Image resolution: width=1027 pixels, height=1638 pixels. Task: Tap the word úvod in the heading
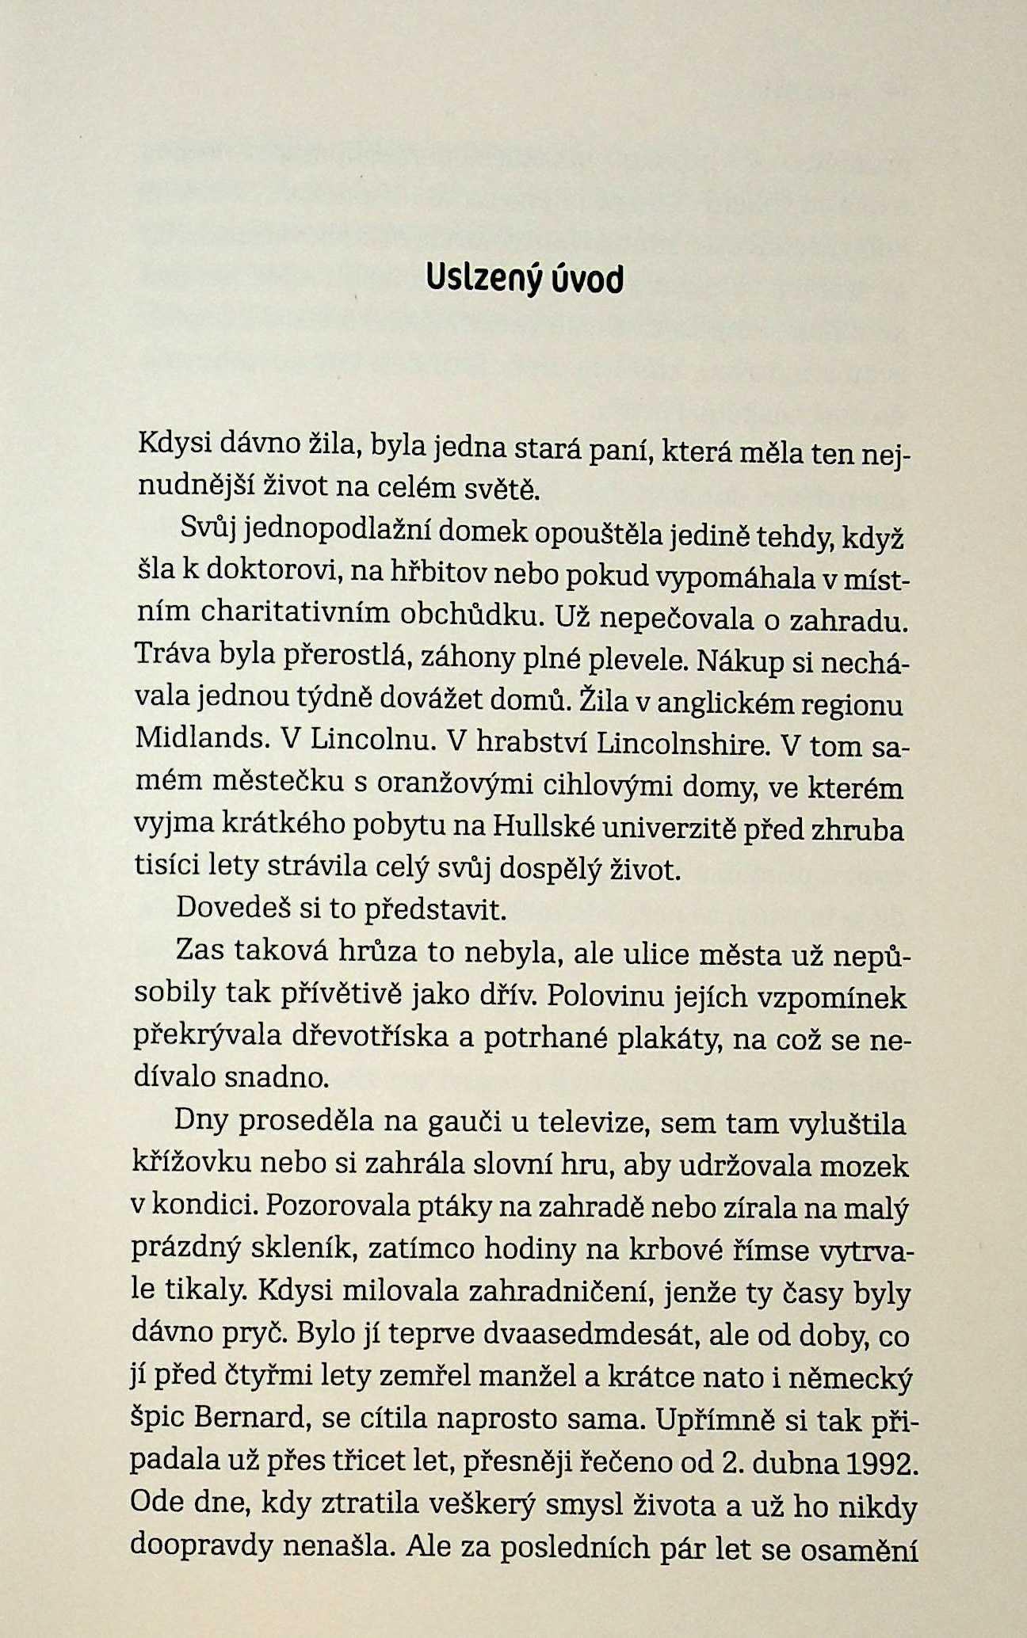pos(585,278)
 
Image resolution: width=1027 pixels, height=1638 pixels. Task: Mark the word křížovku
pos(190,1164)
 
